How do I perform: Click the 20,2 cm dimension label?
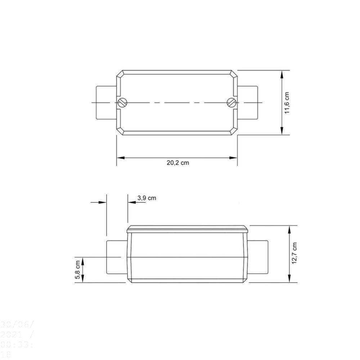(x=177, y=163)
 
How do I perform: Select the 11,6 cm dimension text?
(x=287, y=103)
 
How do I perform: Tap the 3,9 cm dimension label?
(x=147, y=198)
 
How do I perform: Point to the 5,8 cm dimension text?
(x=77, y=270)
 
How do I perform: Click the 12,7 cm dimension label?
(x=295, y=254)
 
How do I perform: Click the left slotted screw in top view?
(x=122, y=103)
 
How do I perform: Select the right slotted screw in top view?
(x=231, y=103)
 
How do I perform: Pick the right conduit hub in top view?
(x=248, y=103)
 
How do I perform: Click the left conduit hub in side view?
(x=116, y=257)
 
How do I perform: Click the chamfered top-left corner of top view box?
(x=119, y=73)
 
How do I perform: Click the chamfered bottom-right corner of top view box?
(x=234, y=132)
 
